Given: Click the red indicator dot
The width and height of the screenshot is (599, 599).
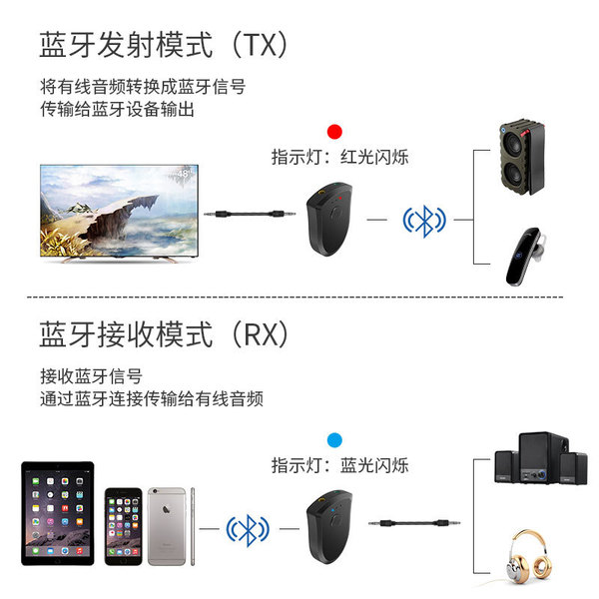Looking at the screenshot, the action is click(335, 132).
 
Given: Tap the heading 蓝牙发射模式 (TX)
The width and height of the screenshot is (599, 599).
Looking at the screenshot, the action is click(166, 46).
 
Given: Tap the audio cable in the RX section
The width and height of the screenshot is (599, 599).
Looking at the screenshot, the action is click(411, 521).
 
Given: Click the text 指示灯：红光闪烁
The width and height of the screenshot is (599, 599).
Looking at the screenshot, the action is click(339, 157).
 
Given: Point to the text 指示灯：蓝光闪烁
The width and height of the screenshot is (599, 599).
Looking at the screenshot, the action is click(339, 465).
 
